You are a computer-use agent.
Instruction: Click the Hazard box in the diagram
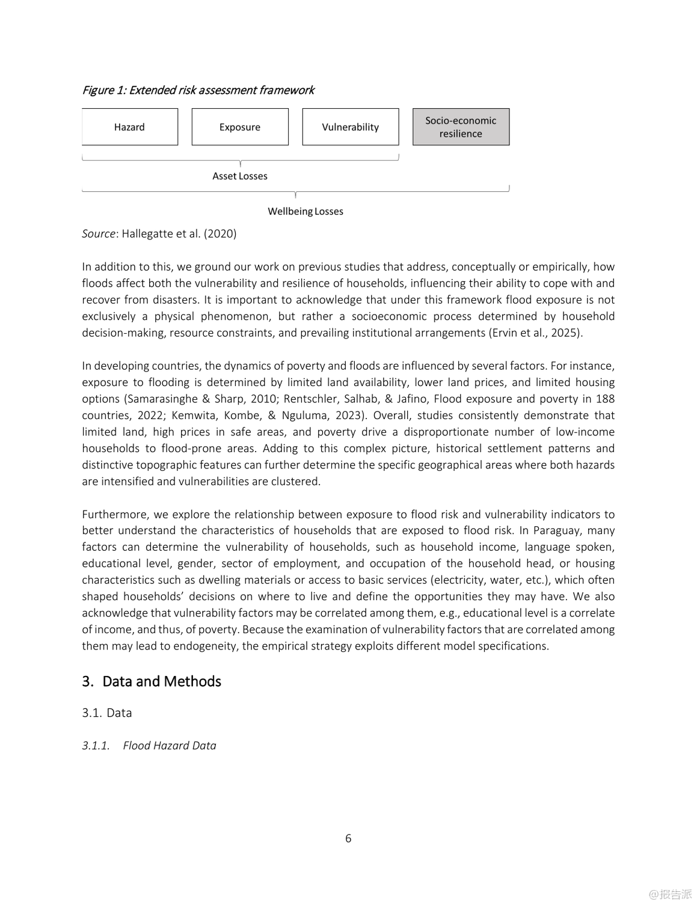tap(129, 127)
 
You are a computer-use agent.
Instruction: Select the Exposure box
tap(239, 127)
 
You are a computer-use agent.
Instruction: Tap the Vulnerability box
tap(350, 127)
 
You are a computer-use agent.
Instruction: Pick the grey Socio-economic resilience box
tap(461, 127)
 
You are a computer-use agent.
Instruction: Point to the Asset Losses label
tap(239, 176)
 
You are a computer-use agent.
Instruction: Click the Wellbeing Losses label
tap(305, 212)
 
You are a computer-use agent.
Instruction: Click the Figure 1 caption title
tap(198, 90)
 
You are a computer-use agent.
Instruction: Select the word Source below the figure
tap(98, 234)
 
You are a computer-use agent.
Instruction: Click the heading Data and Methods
tap(161, 681)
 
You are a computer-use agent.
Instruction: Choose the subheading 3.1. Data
tap(107, 713)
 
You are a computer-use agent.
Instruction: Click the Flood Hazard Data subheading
tap(169, 746)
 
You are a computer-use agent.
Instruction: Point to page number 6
tap(348, 838)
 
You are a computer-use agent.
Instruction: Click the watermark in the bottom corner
tap(670, 894)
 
